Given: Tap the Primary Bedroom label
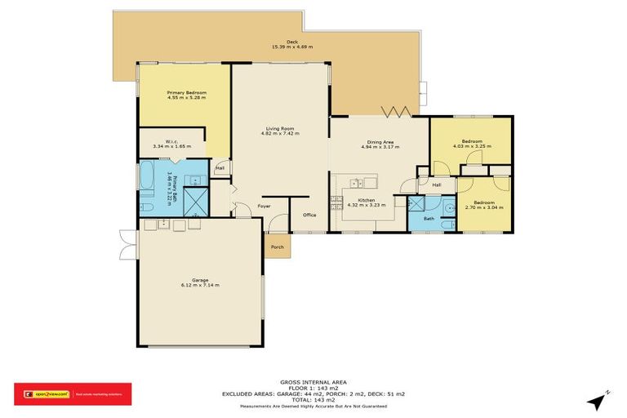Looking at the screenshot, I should pyautogui.click(x=187, y=92).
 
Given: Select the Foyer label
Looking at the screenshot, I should pyautogui.click(x=265, y=207).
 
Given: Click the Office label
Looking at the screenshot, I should pyautogui.click(x=309, y=216).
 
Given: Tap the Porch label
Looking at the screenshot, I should pyautogui.click(x=278, y=247).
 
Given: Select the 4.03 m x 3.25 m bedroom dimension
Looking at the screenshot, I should pyautogui.click(x=472, y=147).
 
